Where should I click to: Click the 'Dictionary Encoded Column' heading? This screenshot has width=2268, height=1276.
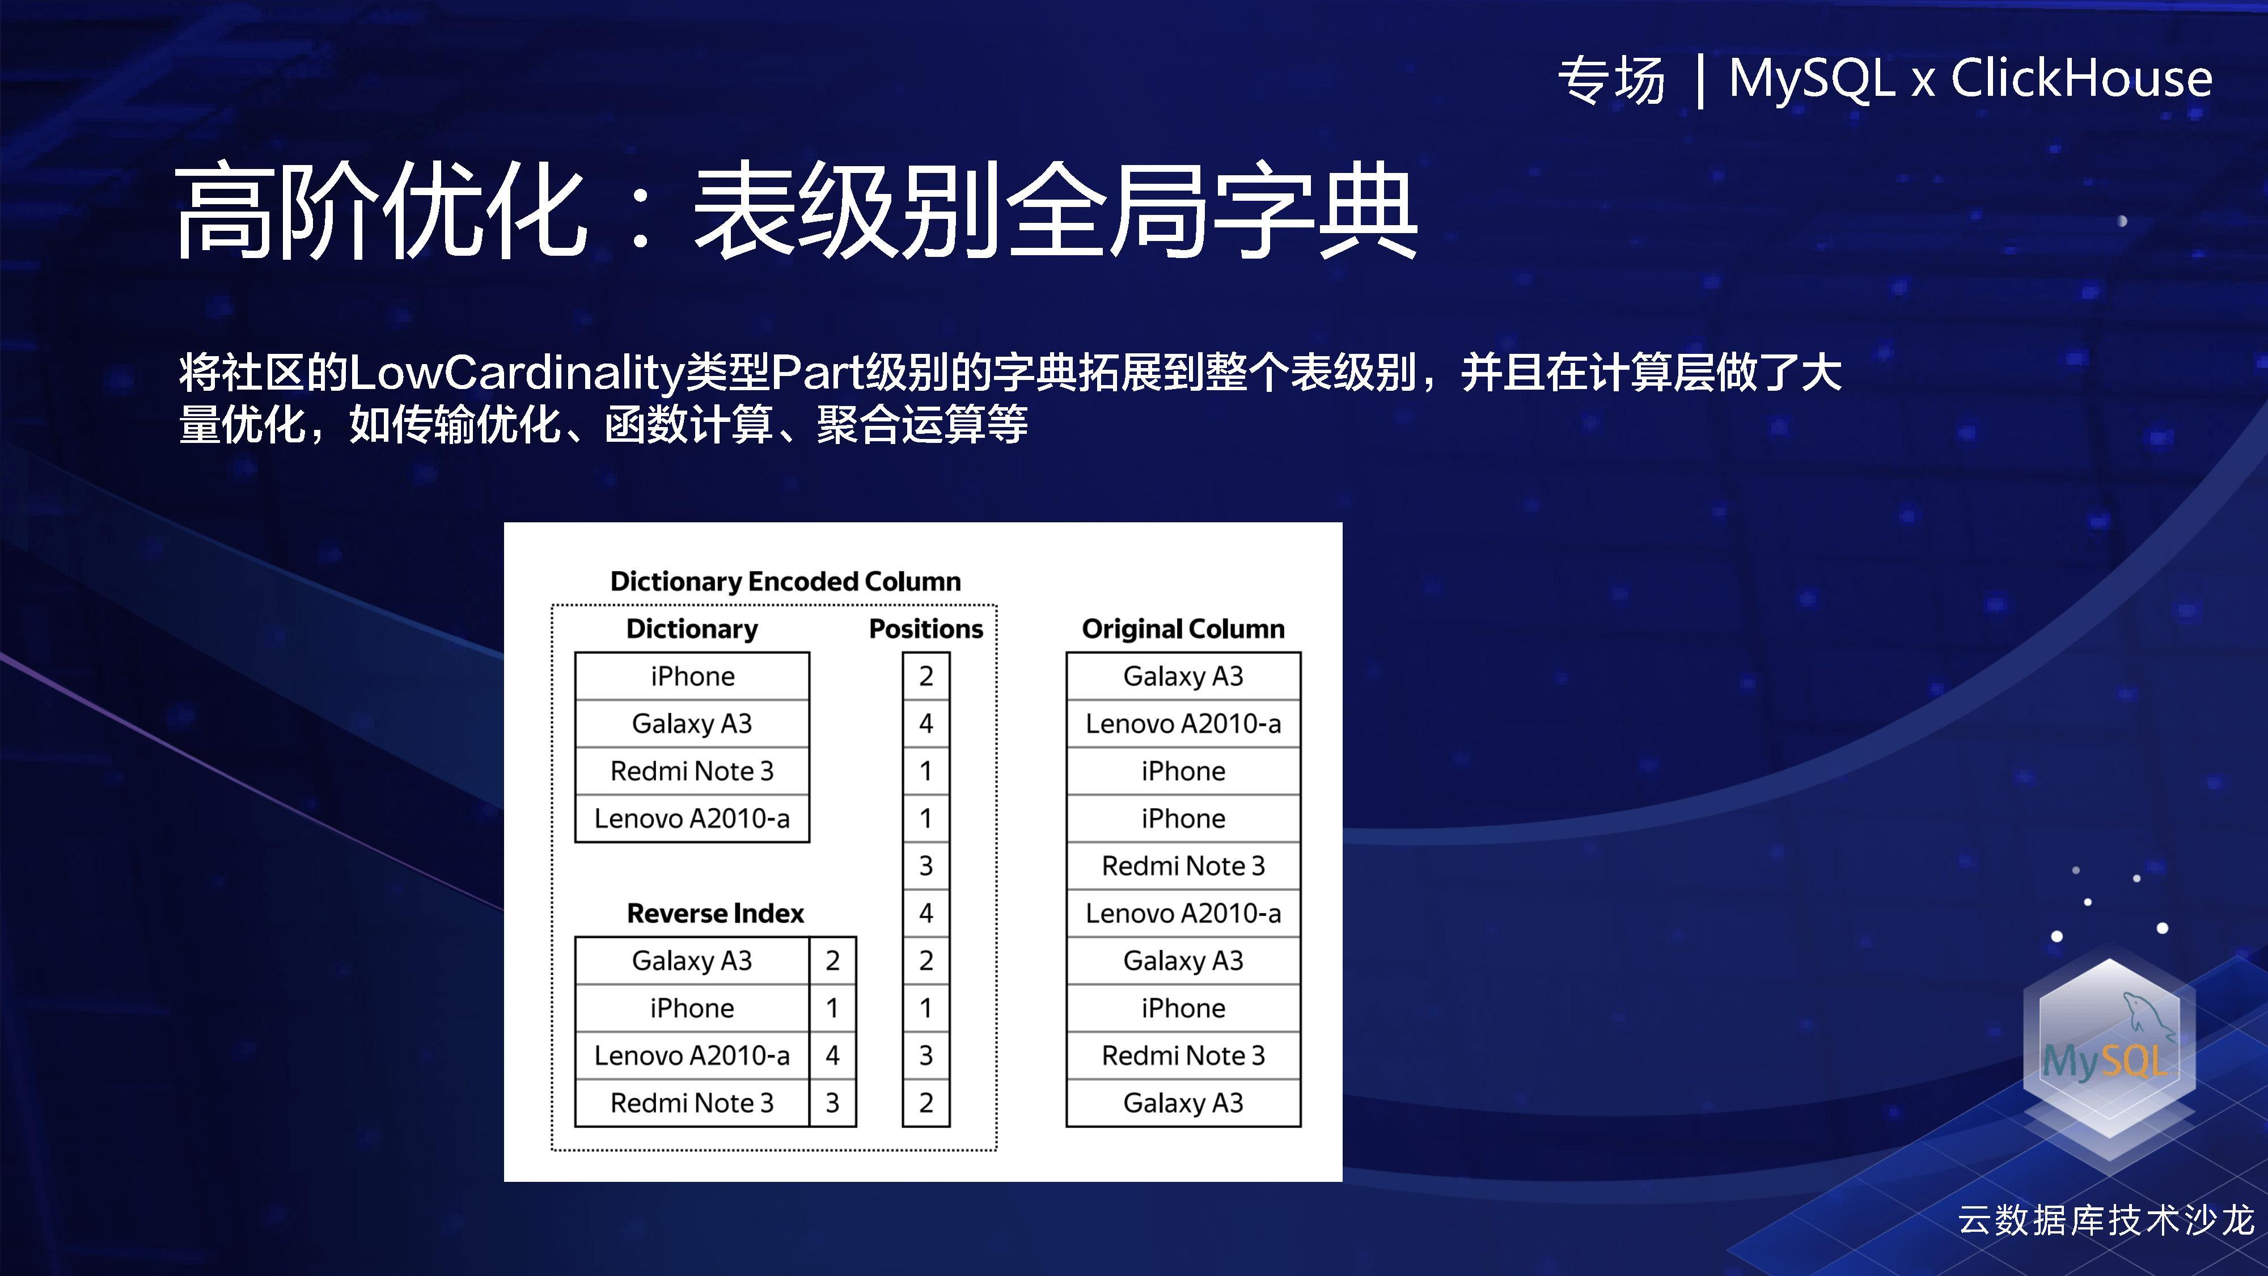785,581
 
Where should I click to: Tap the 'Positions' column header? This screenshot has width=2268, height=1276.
925,629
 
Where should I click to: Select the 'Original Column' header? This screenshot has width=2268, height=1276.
1182,629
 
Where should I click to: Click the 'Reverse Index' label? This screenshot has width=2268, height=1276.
715,913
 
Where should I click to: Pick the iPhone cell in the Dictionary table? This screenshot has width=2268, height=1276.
692,677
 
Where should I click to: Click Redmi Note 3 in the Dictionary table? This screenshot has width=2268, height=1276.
692,771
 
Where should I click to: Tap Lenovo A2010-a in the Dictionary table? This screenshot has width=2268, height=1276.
692,819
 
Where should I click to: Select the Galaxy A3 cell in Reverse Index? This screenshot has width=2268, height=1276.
692,961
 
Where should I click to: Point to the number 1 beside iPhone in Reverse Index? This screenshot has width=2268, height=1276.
832,1008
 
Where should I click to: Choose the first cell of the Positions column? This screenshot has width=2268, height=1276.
925,677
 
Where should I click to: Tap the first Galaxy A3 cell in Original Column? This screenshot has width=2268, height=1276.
1182,677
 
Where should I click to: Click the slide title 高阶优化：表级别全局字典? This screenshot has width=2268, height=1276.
796,212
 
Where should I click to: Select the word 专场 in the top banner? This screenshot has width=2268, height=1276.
1611,80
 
